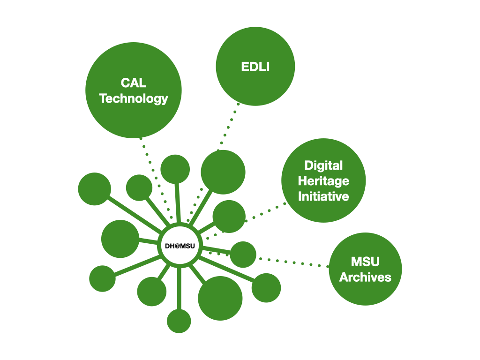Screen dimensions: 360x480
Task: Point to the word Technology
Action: coord(134,99)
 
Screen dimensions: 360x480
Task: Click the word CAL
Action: coord(134,83)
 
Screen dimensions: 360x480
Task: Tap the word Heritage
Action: coord(323,180)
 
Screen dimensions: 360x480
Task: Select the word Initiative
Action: coord(323,196)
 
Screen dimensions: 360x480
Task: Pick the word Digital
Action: coord(323,165)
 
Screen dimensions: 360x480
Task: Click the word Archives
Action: coord(365,277)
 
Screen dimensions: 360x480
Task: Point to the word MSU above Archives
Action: coord(365,261)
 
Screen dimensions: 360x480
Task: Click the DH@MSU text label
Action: coord(180,246)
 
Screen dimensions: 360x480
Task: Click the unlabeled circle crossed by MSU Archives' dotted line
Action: coord(243,255)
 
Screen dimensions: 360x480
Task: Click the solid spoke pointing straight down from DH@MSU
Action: coord(179,288)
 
